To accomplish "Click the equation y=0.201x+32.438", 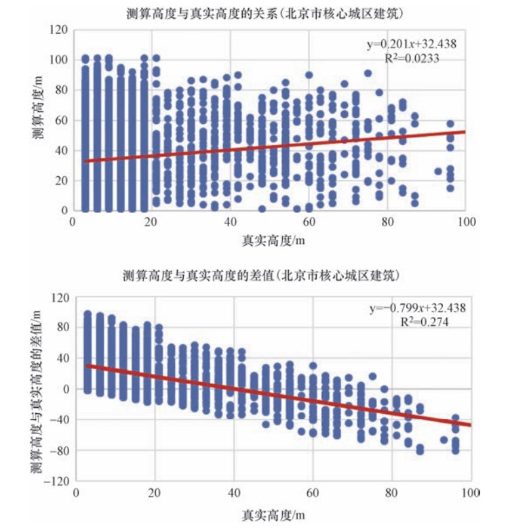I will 412,45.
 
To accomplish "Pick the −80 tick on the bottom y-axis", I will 60,450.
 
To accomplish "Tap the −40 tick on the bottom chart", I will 60,420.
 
